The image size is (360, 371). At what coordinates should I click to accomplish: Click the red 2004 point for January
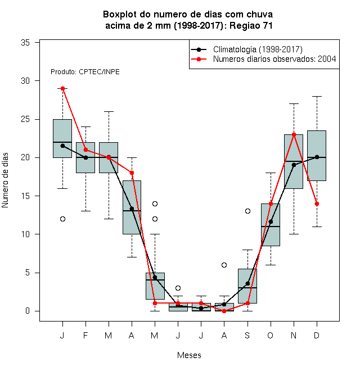click(62, 88)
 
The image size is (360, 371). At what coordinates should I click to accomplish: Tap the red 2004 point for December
click(317, 203)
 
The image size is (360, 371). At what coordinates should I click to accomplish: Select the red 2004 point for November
click(294, 135)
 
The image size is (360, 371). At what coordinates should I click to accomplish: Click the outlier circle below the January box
click(62, 219)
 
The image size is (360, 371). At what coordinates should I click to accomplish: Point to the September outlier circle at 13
click(247, 211)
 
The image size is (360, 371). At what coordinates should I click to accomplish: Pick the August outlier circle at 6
click(224, 265)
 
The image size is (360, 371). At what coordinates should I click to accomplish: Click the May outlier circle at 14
click(155, 203)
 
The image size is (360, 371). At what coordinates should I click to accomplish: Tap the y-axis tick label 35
click(25, 43)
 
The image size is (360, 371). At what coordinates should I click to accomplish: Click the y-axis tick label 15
click(25, 196)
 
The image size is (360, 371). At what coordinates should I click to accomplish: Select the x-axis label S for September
click(247, 335)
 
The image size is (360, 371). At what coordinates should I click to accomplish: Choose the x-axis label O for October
click(270, 335)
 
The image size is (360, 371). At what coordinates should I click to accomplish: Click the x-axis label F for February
click(85, 335)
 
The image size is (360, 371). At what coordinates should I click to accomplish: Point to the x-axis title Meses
click(189, 355)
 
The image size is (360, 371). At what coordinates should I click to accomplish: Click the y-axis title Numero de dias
click(5, 180)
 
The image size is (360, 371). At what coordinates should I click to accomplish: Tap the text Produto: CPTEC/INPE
click(85, 72)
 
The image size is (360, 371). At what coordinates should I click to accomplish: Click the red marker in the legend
click(199, 59)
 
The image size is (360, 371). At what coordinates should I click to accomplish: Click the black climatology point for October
click(271, 221)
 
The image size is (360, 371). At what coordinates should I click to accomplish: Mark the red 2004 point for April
click(132, 173)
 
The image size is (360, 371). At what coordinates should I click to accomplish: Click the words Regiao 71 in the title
click(251, 25)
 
